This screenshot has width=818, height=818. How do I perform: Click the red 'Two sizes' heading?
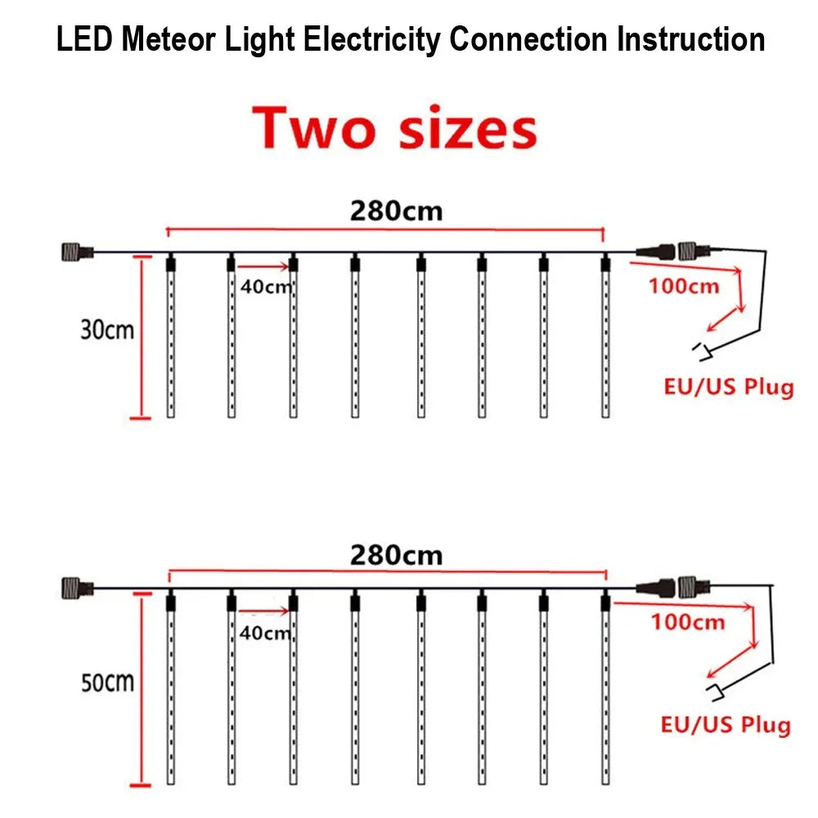pos(395,129)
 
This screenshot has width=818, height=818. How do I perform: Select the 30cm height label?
pos(107,330)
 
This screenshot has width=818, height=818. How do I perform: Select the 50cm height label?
pos(107,681)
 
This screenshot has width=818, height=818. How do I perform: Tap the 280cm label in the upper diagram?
pos(396,211)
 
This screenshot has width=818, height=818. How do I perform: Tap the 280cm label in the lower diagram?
pos(396,555)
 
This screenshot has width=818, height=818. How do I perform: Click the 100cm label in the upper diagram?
pos(684,285)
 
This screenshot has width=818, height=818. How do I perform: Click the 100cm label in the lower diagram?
pos(688,622)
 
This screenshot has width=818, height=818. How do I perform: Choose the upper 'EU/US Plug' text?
pos(728,386)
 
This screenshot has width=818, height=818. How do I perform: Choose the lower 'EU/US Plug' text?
pos(726,724)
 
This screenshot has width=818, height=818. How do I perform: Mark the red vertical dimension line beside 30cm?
pos(141,337)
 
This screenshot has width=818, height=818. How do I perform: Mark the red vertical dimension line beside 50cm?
pos(141,690)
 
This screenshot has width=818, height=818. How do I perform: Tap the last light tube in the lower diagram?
pos(605,691)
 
